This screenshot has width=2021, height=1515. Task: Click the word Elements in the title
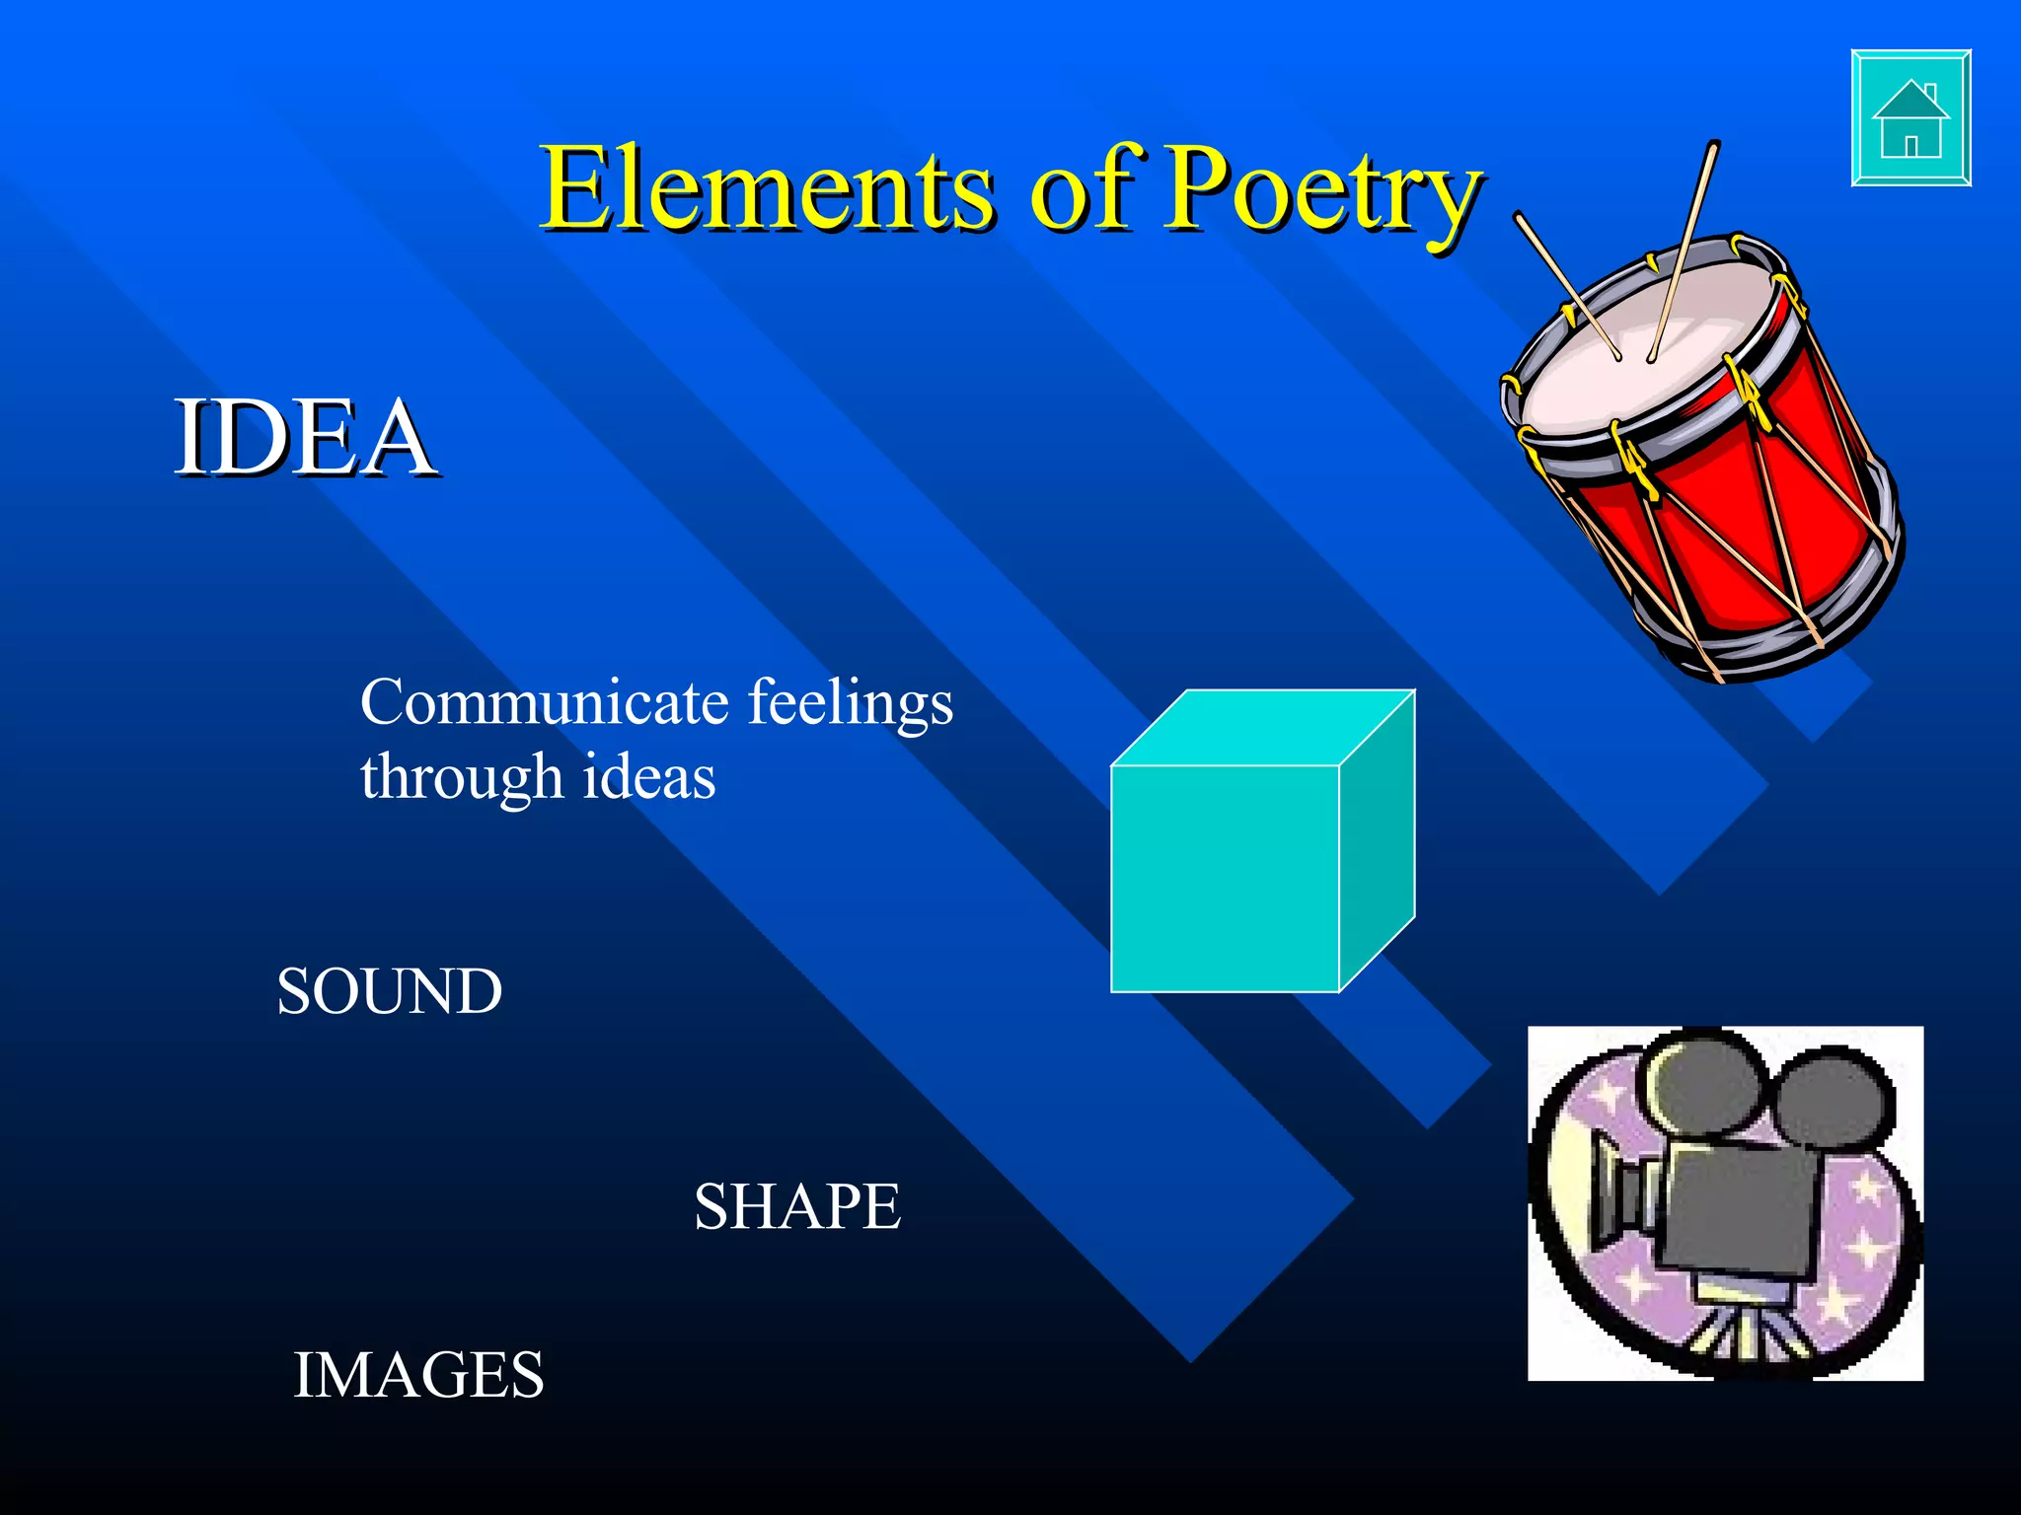point(766,189)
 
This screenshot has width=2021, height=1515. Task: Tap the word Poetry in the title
point(1322,189)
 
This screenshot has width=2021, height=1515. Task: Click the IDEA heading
point(304,437)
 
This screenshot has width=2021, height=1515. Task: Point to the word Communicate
point(545,703)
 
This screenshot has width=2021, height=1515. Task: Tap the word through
point(461,778)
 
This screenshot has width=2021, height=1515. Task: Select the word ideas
point(648,776)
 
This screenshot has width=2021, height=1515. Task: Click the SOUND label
point(389,991)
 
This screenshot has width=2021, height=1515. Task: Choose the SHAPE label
point(797,1206)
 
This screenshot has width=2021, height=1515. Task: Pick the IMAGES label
point(418,1375)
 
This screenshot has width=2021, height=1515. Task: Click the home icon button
point(1910,118)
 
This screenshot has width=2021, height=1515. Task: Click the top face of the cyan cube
point(1263,727)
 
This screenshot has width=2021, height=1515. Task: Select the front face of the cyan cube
point(1225,878)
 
